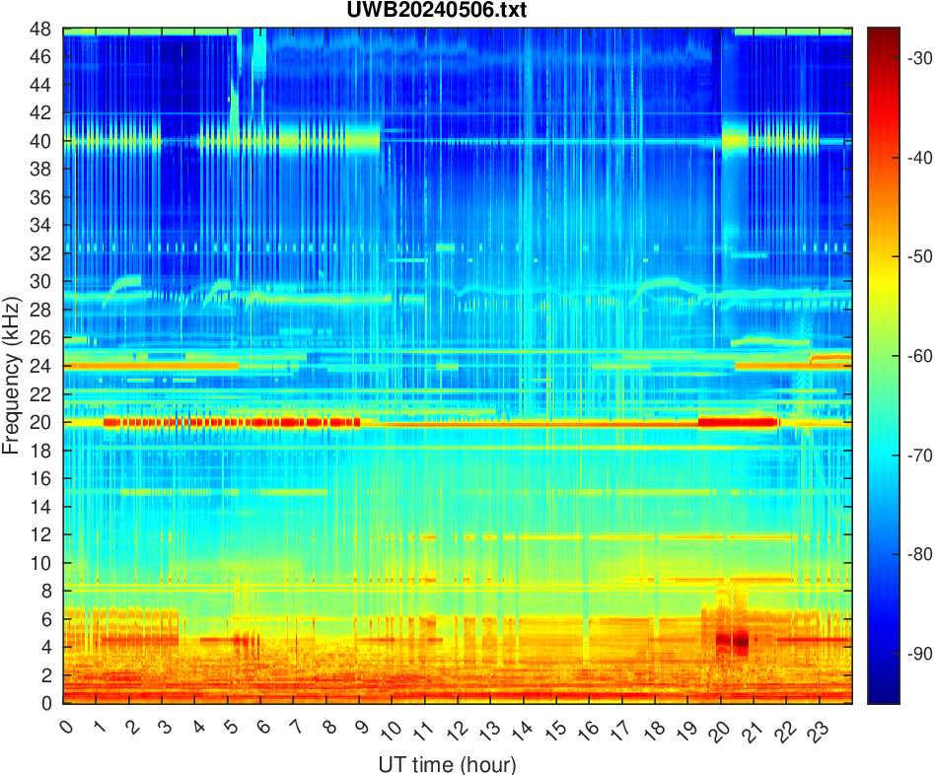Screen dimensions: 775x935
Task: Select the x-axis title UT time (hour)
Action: pyautogui.click(x=447, y=763)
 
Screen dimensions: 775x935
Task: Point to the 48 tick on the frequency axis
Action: pyautogui.click(x=44, y=29)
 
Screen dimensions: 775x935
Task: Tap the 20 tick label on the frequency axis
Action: pyautogui.click(x=44, y=422)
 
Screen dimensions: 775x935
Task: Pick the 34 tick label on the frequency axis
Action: pyautogui.click(x=44, y=226)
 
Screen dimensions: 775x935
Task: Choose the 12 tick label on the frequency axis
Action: pyautogui.click(x=44, y=534)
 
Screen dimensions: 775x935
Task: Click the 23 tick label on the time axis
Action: pyautogui.click(x=816, y=731)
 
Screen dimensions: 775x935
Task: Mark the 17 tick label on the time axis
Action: pyautogui.click(x=619, y=731)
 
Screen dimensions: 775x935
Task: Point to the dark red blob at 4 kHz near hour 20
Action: pyautogui.click(x=732, y=642)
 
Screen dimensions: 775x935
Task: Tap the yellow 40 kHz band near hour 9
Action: pyautogui.click(x=361, y=140)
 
